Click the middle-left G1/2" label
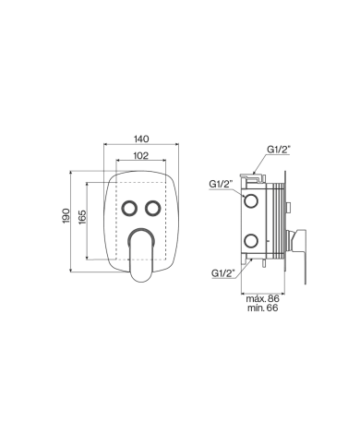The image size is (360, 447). point(221,185)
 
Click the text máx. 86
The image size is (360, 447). point(263,299)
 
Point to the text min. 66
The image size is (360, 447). point(263,309)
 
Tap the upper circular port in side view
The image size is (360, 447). point(250,199)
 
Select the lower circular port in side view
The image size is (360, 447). point(250,243)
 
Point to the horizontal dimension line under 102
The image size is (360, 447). point(139,163)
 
